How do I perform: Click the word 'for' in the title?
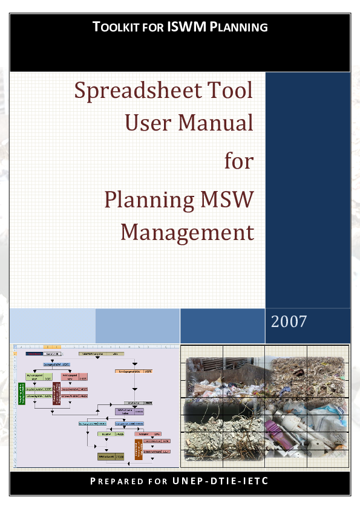pyautogui.click(x=238, y=160)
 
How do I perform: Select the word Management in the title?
pyautogui.click(x=186, y=232)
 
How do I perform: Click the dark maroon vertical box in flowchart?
pyautogui.click(x=56, y=393)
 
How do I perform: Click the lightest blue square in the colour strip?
pyautogui.click(x=53, y=326)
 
